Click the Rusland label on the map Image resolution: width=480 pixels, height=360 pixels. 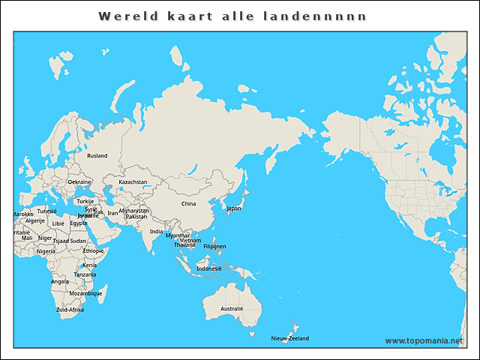(x=97, y=156)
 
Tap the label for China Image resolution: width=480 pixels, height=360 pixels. (x=188, y=203)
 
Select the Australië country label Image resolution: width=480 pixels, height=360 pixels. (x=232, y=308)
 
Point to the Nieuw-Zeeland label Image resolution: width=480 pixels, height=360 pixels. (x=289, y=338)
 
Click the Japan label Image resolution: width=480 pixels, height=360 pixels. (x=234, y=208)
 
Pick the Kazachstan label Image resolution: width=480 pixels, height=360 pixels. (x=133, y=181)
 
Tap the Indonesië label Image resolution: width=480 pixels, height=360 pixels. (x=209, y=268)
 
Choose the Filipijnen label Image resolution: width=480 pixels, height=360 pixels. (x=214, y=246)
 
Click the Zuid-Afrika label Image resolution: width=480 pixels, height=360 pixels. (x=70, y=309)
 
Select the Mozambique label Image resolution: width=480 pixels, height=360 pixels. (x=85, y=293)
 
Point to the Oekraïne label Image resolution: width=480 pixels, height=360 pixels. (x=79, y=181)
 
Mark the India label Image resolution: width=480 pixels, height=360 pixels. (x=156, y=232)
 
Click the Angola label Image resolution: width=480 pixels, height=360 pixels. (x=60, y=282)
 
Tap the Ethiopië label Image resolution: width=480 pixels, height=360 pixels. (x=94, y=250)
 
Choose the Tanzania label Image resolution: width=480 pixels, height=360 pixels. (x=85, y=274)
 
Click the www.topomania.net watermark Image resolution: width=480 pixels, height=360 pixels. (x=424, y=340)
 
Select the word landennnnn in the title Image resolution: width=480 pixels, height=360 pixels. (x=328, y=16)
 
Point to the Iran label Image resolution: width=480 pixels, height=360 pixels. (x=113, y=213)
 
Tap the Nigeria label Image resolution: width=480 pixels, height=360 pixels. (x=46, y=251)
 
